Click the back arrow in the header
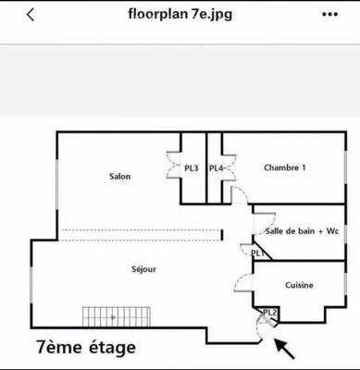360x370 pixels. point(31,16)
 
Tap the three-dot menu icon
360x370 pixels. point(329,16)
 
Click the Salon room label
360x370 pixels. point(119,176)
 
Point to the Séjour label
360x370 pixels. point(143,269)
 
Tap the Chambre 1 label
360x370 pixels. point(284,167)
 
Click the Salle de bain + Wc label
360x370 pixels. point(302,231)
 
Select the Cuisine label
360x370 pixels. point(298,285)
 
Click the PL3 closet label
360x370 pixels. point(192,168)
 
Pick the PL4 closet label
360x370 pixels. point(216,168)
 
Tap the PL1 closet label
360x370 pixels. point(257,253)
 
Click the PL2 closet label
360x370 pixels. point(269,313)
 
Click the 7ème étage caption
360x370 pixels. point(86,348)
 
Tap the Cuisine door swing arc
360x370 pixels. point(242,284)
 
